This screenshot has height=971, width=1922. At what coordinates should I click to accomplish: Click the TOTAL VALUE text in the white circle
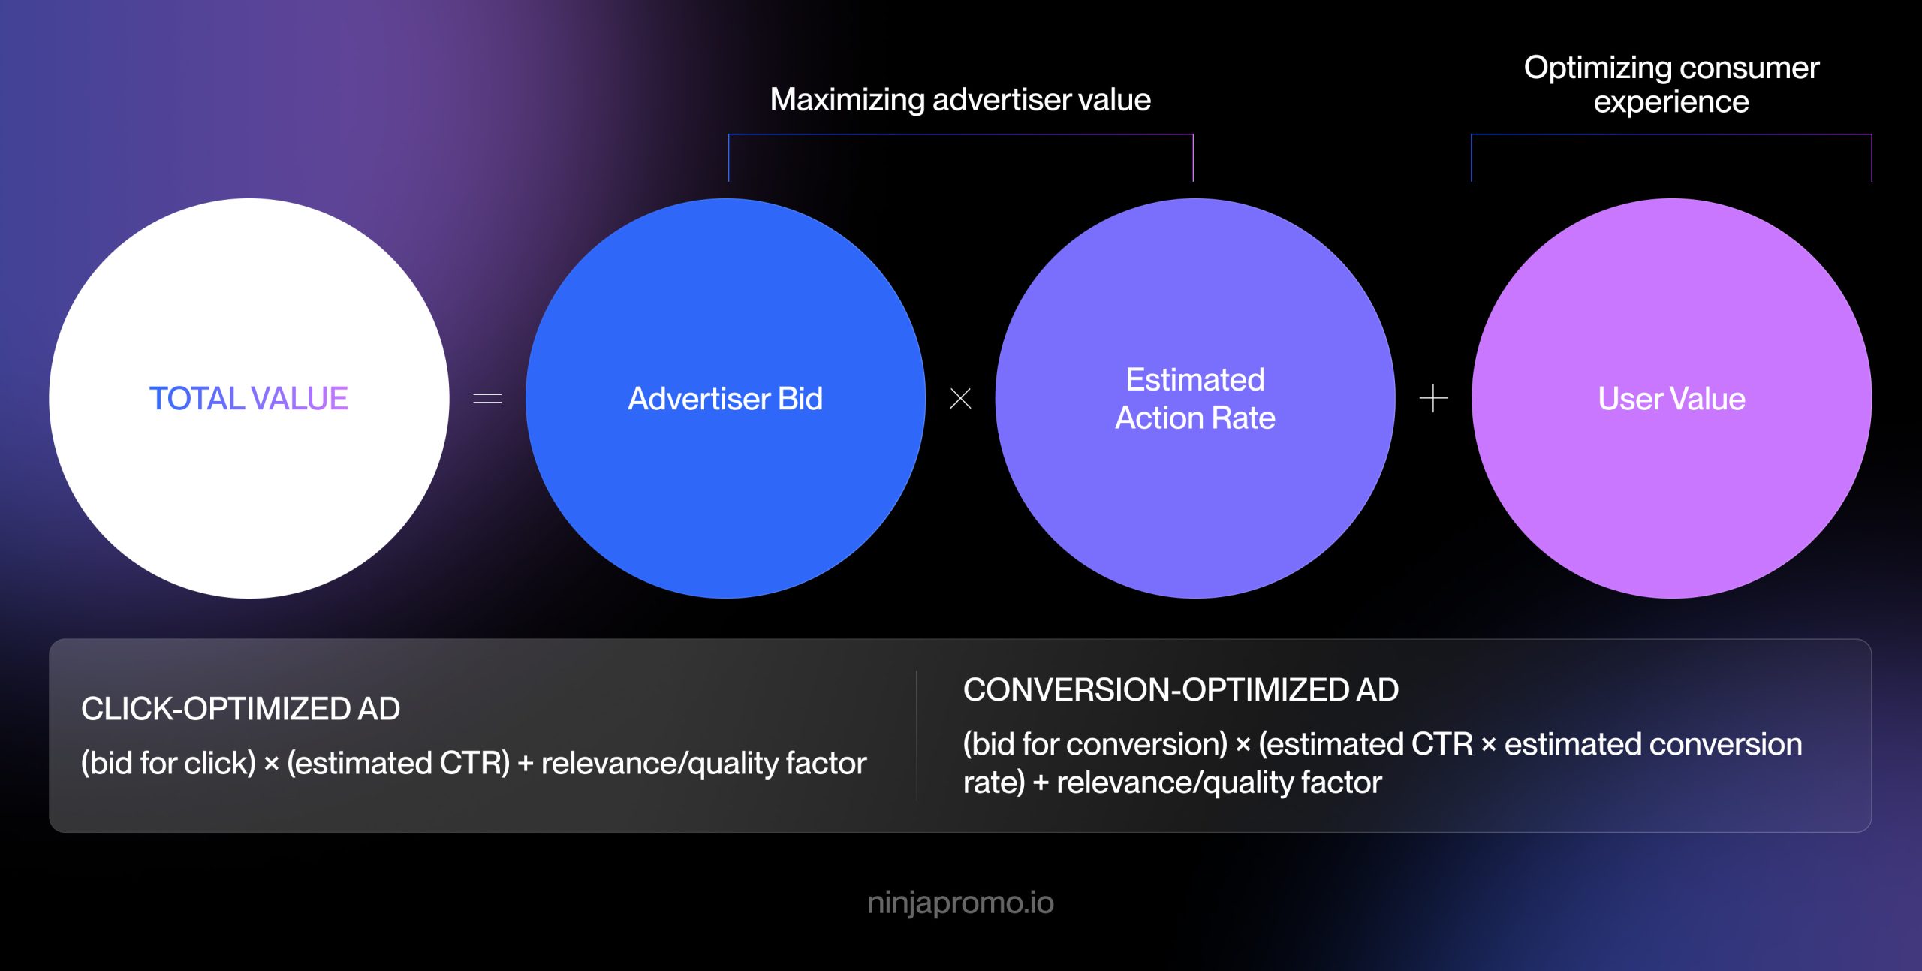(249, 399)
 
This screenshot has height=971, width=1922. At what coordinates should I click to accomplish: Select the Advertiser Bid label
(725, 399)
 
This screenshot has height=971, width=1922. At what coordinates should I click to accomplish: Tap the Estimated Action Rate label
(1194, 399)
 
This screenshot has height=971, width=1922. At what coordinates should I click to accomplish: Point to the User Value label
(1671, 399)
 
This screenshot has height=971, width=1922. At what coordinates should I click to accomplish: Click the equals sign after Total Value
(487, 399)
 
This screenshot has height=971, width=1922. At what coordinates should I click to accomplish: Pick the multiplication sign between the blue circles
(960, 399)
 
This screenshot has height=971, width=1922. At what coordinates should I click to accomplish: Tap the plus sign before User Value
(1433, 399)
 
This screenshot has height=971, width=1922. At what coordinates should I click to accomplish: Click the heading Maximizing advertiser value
(960, 100)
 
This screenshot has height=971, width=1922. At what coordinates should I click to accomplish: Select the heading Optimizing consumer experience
(1671, 84)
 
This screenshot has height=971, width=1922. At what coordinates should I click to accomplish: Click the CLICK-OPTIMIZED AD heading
(240, 709)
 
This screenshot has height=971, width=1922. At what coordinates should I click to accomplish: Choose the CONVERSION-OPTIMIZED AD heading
(1181, 690)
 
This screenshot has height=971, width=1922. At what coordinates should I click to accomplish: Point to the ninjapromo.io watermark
(960, 903)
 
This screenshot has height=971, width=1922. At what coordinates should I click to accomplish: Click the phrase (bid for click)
(168, 764)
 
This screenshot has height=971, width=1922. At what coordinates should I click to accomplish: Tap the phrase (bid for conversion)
(1095, 745)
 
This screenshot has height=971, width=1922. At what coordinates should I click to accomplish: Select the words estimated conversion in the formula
(1653, 745)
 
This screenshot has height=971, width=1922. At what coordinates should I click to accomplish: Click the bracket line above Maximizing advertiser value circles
(960, 135)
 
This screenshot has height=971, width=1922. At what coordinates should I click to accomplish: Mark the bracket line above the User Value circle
(1671, 135)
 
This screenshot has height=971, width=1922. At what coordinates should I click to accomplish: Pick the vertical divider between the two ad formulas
(917, 736)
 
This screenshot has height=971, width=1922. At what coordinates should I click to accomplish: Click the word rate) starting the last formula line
(994, 783)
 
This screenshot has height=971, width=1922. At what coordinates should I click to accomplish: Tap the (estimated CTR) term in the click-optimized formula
(399, 764)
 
